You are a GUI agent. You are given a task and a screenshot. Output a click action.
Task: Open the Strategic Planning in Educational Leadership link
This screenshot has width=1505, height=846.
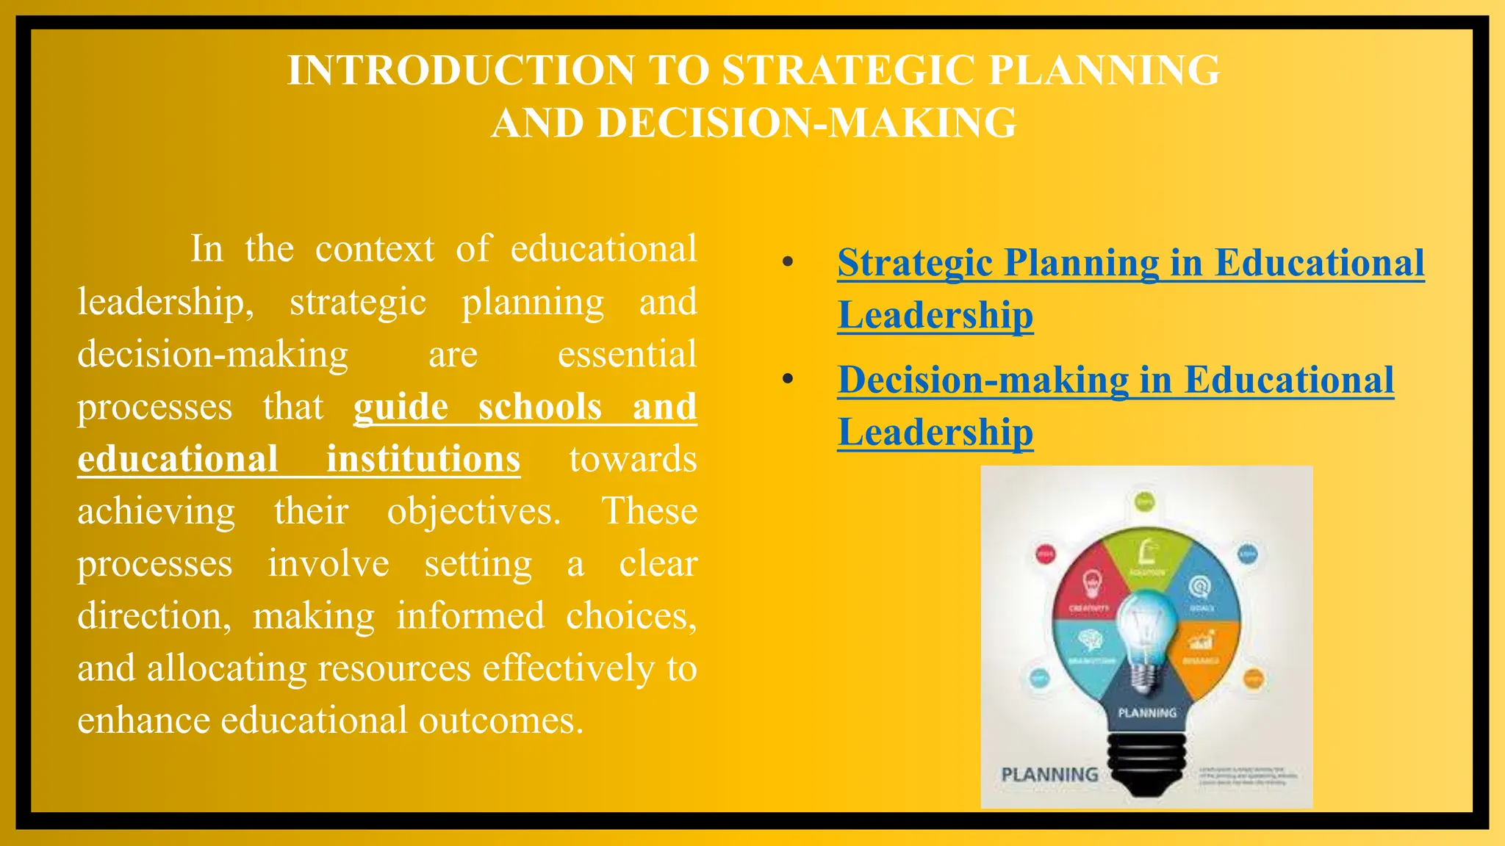pyautogui.click(x=1130, y=263)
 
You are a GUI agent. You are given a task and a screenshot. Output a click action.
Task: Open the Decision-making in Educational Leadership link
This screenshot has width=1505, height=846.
pyautogui.click(x=1115, y=380)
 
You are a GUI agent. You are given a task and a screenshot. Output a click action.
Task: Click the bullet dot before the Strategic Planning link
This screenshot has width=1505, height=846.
pyautogui.click(x=788, y=263)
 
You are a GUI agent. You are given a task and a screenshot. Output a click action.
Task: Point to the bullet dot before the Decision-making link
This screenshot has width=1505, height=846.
pyautogui.click(x=788, y=380)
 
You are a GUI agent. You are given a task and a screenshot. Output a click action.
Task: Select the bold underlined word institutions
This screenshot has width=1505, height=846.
pyautogui.click(x=423, y=459)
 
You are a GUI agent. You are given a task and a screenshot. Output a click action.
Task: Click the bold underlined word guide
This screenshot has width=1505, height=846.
pyautogui.click(x=401, y=407)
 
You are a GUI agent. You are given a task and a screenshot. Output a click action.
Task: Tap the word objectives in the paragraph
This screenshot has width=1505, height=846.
pyautogui.click(x=473, y=512)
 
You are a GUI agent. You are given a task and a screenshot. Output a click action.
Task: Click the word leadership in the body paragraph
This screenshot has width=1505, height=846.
pyautogui.click(x=165, y=303)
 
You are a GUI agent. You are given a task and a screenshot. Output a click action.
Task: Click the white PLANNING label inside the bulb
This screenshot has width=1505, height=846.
pyautogui.click(x=1146, y=712)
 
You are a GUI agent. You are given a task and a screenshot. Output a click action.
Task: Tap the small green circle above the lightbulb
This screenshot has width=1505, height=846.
pyautogui.click(x=1145, y=502)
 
